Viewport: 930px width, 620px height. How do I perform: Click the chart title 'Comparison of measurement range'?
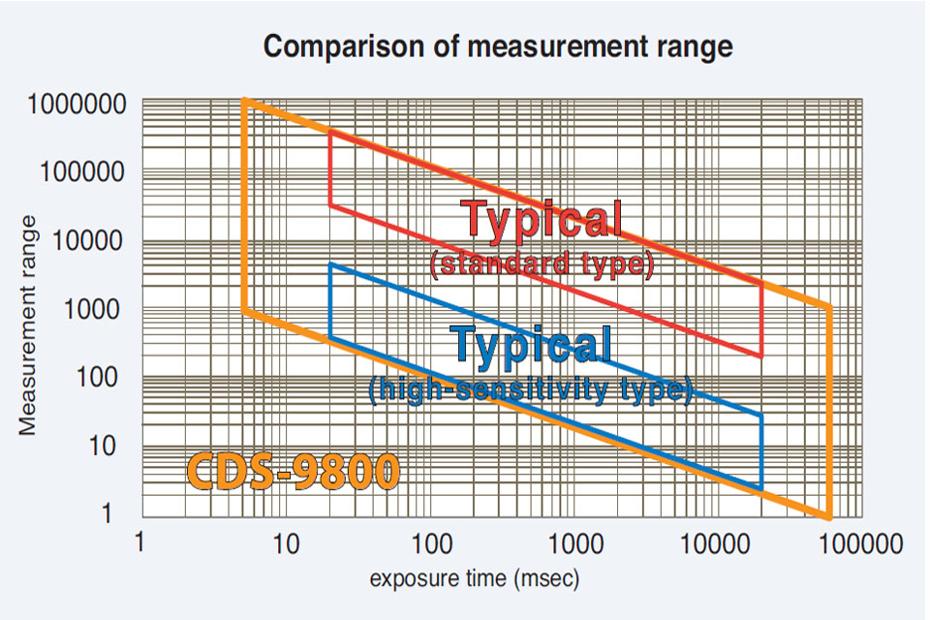pyautogui.click(x=498, y=46)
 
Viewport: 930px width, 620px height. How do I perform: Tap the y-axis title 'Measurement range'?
pyautogui.click(x=29, y=325)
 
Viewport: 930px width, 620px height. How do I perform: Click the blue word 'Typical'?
pyautogui.click(x=532, y=344)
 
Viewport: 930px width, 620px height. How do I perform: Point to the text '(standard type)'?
pyautogui.click(x=541, y=264)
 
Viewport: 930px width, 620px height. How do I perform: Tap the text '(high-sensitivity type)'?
pyautogui.click(x=531, y=389)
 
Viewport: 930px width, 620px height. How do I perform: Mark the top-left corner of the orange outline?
pyautogui.click(x=244, y=101)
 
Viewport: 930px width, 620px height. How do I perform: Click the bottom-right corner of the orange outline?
pyautogui.click(x=830, y=516)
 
